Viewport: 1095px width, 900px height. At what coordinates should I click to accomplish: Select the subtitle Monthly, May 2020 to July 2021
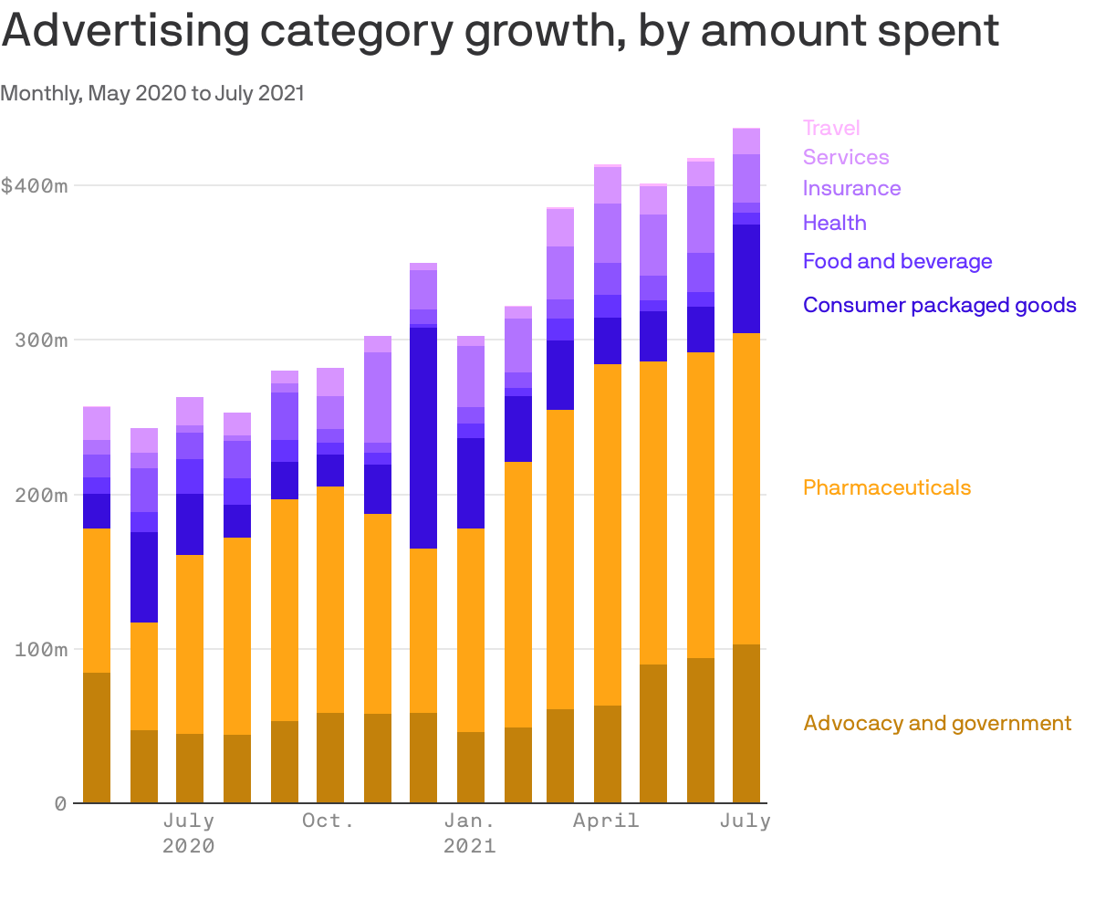[x=152, y=93]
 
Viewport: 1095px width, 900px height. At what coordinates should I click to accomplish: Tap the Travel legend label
[x=831, y=128]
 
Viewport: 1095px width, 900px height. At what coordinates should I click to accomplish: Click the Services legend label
[x=846, y=157]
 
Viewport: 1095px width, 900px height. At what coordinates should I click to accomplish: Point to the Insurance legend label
[x=851, y=188]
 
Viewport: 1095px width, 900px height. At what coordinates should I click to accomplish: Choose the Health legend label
[x=834, y=223]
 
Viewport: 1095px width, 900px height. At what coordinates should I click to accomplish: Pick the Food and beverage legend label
[x=897, y=261]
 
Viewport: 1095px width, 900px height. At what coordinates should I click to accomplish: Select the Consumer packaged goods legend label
[x=939, y=305]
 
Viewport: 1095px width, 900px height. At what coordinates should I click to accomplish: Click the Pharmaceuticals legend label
[x=886, y=487]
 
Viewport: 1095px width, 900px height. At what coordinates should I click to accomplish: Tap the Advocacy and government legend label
[x=937, y=723]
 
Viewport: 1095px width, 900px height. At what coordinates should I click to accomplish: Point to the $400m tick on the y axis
[x=34, y=185]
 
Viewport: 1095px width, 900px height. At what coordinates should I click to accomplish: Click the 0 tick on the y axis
[x=60, y=803]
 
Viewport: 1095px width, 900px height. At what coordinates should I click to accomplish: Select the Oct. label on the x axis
[x=328, y=821]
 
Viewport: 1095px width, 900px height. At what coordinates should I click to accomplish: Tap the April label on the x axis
[x=606, y=821]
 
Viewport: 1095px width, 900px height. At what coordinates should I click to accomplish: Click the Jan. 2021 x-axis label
[x=470, y=832]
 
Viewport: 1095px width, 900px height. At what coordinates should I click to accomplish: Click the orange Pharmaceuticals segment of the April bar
[x=608, y=534]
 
